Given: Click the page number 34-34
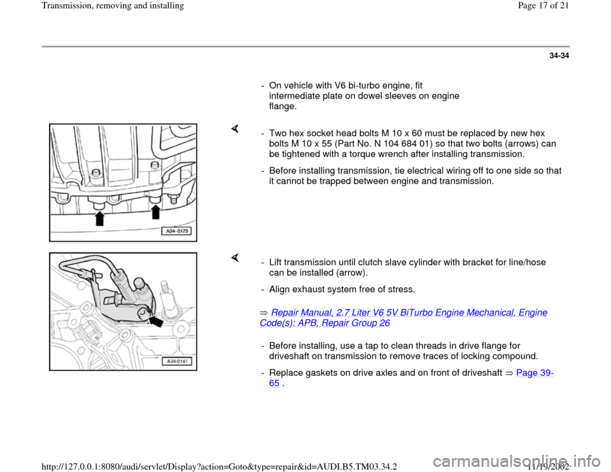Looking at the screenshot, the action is click(559, 56).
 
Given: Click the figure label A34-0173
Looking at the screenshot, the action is click(177, 231).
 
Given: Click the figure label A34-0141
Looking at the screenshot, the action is click(178, 361).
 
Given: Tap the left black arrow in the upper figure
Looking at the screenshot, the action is click(100, 218).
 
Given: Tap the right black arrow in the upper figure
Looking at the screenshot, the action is click(156, 212).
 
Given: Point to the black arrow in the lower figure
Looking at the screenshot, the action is click(156, 322).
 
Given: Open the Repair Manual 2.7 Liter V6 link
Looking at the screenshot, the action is click(404, 318).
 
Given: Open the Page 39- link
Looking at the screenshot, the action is click(535, 373).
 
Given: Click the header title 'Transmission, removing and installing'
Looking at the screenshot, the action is click(113, 6).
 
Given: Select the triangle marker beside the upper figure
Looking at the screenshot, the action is click(235, 128).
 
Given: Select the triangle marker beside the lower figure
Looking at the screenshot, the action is click(235, 258).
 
